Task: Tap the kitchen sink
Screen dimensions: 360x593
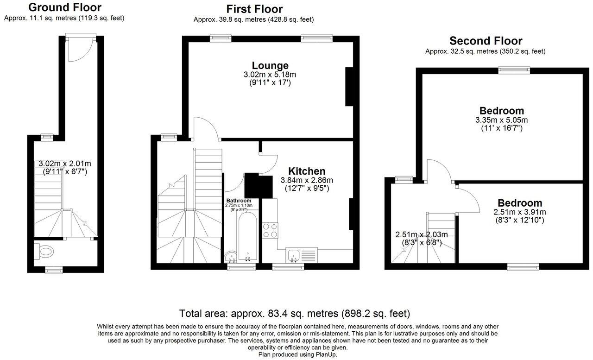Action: (294, 254)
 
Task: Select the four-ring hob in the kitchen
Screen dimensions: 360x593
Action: (271, 230)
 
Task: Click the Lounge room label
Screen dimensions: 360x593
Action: (270, 65)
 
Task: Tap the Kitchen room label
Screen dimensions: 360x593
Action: (306, 171)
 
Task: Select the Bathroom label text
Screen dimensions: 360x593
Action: (239, 201)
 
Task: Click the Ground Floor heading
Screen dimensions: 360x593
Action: (64, 7)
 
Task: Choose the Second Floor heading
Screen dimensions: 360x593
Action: (486, 41)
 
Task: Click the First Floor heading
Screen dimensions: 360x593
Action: (254, 9)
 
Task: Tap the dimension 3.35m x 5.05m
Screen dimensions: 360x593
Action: (502, 120)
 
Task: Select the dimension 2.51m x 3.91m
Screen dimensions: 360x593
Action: (520, 212)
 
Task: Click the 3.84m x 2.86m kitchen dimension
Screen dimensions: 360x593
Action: (307, 180)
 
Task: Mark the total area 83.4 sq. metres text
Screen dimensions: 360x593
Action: (295, 313)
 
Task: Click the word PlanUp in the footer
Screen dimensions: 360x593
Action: (327, 354)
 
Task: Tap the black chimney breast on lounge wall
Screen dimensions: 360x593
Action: (349, 86)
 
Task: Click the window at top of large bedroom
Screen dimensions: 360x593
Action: (514, 70)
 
